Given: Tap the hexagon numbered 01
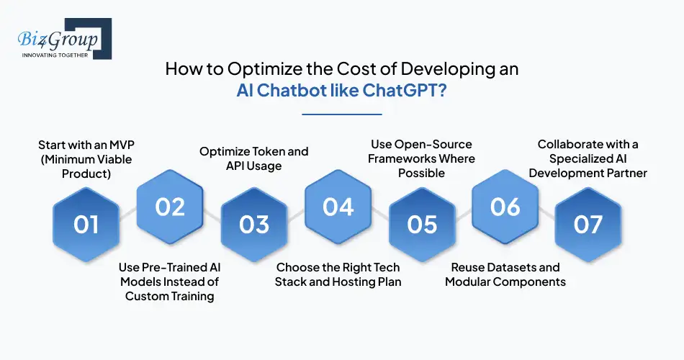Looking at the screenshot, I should click(x=86, y=224).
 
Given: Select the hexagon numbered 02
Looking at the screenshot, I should click(x=171, y=207).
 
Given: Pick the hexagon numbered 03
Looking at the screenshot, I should click(x=254, y=224).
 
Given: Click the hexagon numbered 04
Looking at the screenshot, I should click(x=338, y=207).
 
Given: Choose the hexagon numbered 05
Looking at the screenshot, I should click(x=422, y=224).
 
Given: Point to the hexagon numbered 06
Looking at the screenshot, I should click(x=505, y=207).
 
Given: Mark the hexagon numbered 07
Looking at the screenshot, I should click(x=588, y=224).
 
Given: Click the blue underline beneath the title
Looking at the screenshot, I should click(x=341, y=113).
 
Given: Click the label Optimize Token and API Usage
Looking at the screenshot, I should click(x=253, y=158).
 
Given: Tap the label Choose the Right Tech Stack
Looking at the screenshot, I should click(x=338, y=274).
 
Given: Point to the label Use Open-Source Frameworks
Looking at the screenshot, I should click(x=422, y=158).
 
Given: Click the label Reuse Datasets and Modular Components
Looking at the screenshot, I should click(x=505, y=274).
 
